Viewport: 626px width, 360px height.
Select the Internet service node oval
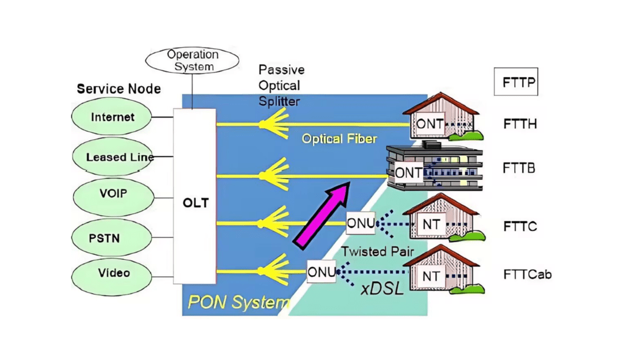[112, 117]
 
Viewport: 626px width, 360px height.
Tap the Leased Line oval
[113, 157]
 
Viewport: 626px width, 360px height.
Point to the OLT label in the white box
[195, 203]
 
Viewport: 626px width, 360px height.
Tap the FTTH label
[520, 124]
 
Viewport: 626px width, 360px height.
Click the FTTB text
[519, 167]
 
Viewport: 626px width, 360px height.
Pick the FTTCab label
[527, 274]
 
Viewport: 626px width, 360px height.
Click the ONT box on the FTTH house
[430, 124]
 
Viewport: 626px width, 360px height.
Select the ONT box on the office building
[408, 173]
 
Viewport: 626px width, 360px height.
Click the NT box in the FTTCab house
[431, 276]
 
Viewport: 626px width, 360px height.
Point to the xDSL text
[381, 289]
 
